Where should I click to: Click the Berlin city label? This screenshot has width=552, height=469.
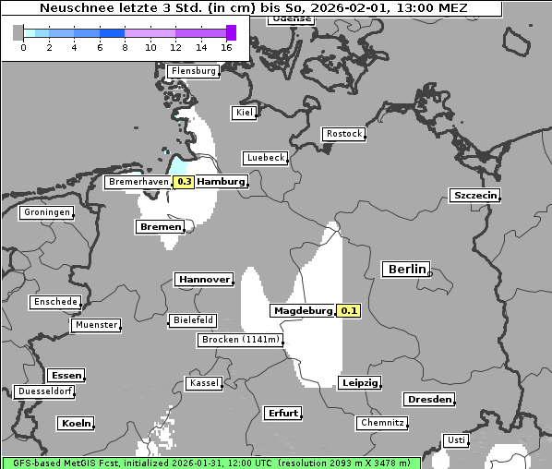tap(406, 270)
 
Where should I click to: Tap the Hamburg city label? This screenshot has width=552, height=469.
tap(222, 182)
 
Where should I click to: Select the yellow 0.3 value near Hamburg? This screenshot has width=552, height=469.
tap(184, 182)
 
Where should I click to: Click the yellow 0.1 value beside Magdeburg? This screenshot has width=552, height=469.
tap(349, 311)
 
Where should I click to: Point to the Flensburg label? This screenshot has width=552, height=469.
tap(193, 71)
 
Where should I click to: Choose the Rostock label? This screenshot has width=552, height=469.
tap(343, 134)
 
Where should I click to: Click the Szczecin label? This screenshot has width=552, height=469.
tap(474, 195)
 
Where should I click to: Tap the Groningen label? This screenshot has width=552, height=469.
tap(46, 212)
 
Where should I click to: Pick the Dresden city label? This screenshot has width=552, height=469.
tap(428, 400)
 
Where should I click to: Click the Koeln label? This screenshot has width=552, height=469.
tap(76, 424)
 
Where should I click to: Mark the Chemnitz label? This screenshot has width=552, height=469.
tap(382, 423)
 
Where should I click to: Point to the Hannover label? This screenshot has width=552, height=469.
tap(204, 279)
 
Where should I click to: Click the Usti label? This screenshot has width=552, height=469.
tap(455, 440)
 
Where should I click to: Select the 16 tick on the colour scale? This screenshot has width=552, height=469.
tap(227, 47)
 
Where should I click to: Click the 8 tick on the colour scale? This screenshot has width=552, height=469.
tap(125, 47)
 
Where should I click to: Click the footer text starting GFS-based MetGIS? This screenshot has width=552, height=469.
tap(210, 463)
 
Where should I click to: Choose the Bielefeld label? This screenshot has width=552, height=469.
tap(192, 320)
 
